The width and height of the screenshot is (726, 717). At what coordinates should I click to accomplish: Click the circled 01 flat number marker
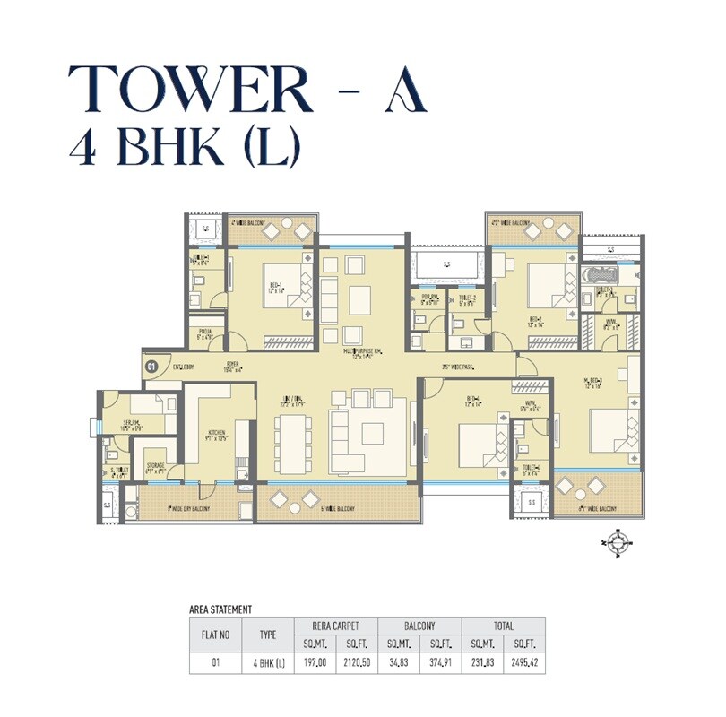[x=151, y=366]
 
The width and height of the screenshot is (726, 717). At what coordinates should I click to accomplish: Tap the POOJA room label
[x=205, y=334]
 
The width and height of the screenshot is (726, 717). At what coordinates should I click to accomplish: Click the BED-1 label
[x=276, y=288]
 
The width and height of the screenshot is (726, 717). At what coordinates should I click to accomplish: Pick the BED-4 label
[x=472, y=401]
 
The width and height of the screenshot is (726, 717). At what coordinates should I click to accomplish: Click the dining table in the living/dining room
[x=293, y=443]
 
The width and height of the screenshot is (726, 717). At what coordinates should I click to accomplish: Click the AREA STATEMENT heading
[x=220, y=609]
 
